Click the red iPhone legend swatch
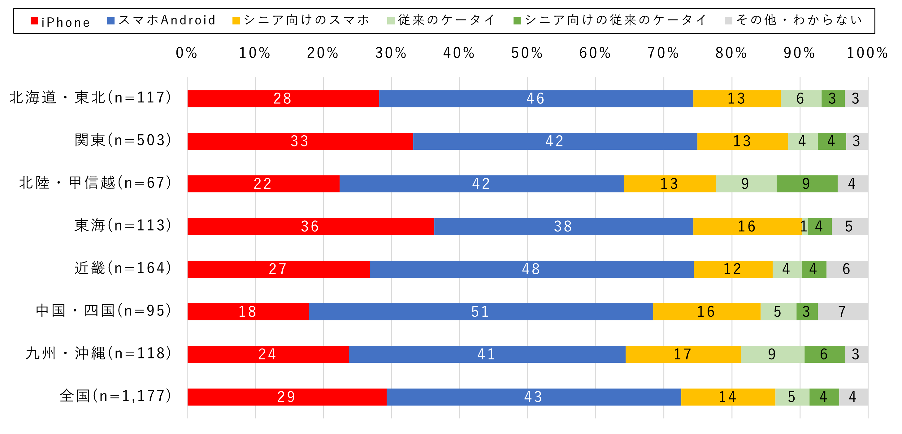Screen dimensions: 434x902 click(34, 21)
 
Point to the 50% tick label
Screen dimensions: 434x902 click(527, 53)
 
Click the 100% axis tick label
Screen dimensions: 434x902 click(867, 53)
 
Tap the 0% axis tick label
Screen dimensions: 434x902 click(186, 53)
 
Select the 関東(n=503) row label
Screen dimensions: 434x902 click(123, 140)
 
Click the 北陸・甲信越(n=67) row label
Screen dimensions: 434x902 click(95, 183)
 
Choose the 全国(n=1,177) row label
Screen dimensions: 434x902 click(115, 396)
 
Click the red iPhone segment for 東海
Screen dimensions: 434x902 click(310, 226)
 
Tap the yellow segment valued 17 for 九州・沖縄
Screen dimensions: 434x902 click(683, 354)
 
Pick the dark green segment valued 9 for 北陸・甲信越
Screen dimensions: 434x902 click(806, 184)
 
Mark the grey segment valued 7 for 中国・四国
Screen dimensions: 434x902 click(842, 311)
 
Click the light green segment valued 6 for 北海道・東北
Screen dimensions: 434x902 click(800, 98)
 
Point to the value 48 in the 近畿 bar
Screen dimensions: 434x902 click(531, 269)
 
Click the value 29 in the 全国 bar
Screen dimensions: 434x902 click(286, 397)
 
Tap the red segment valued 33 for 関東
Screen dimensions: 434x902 click(300, 141)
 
